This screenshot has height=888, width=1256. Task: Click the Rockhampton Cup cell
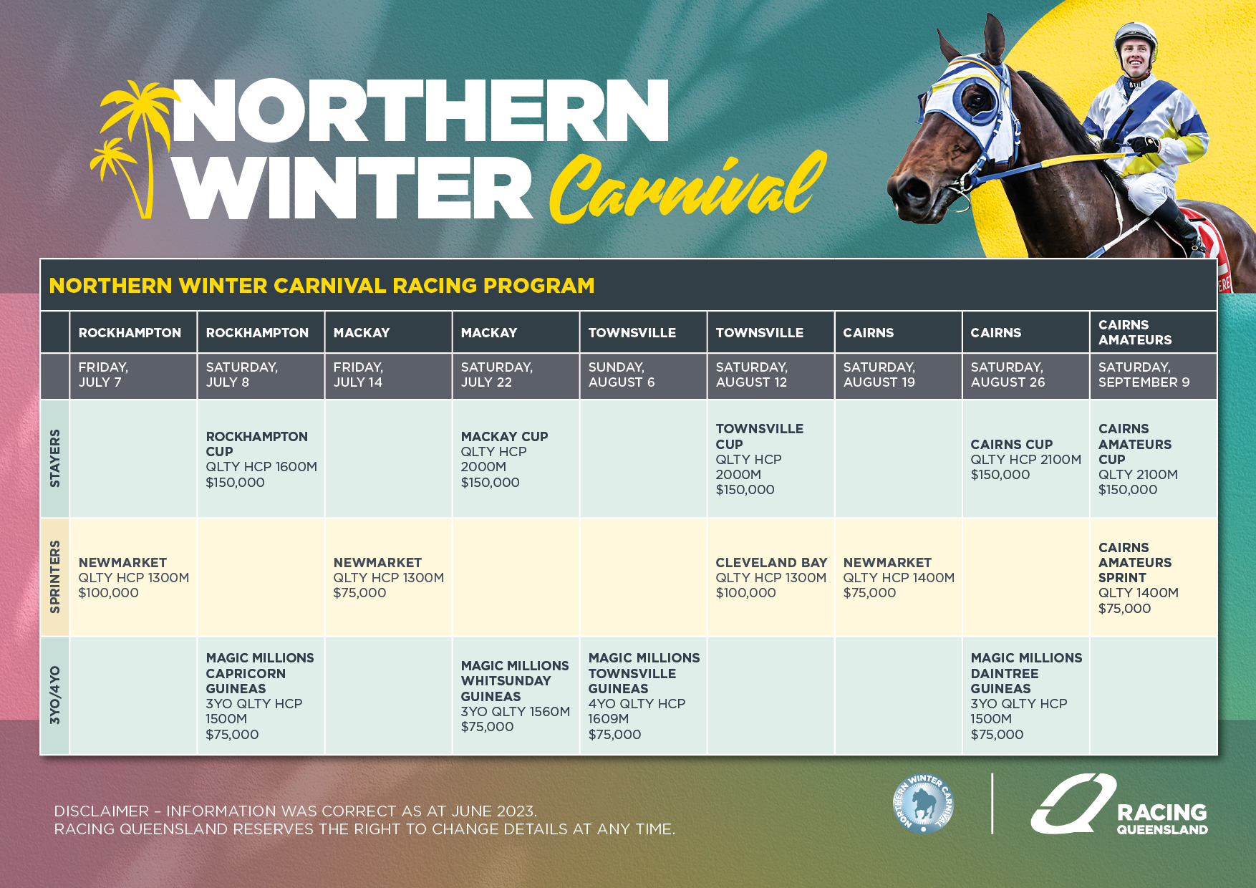[x=261, y=459]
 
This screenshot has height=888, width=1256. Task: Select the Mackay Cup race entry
[x=516, y=459]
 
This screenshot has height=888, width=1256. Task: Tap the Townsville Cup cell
[x=770, y=459]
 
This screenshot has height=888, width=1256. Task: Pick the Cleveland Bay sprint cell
[x=770, y=577]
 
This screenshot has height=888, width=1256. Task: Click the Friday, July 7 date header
[x=133, y=375]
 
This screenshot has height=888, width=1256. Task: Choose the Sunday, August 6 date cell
[x=643, y=375]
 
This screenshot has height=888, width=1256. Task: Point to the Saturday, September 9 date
[x=1153, y=375]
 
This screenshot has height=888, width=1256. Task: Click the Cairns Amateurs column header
[x=1153, y=332]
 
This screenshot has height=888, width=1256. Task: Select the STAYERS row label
[x=55, y=459]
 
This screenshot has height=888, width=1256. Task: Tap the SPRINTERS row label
[x=55, y=577]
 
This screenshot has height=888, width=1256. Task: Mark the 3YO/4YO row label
[x=55, y=695]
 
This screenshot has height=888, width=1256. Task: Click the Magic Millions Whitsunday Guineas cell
[x=516, y=695]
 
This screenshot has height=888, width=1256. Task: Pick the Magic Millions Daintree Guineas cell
[x=1025, y=695]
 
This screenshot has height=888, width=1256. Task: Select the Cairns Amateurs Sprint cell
[x=1153, y=577]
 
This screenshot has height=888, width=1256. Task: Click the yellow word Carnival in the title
[x=687, y=188]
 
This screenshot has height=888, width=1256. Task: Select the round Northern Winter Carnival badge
[x=924, y=803]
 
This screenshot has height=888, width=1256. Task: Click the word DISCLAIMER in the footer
[x=102, y=811]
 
